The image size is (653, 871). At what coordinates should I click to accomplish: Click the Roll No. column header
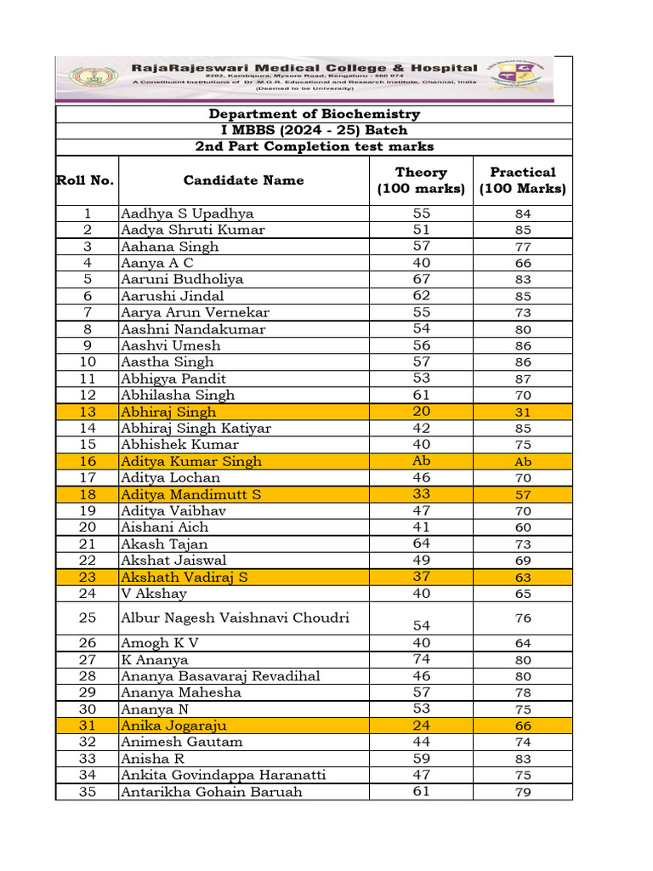(x=86, y=180)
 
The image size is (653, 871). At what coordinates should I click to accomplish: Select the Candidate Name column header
(x=243, y=180)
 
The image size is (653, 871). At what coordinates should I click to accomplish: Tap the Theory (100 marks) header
(x=421, y=180)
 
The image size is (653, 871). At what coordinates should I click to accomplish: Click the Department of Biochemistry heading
(x=315, y=114)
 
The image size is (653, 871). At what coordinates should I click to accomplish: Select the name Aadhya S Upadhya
(x=187, y=213)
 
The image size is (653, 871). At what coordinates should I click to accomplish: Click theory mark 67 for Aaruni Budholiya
(x=421, y=279)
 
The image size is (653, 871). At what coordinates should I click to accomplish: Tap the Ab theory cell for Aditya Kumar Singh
(x=421, y=461)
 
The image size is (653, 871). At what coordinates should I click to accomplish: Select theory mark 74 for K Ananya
(x=421, y=659)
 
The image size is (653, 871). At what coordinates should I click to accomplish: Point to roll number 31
(x=87, y=726)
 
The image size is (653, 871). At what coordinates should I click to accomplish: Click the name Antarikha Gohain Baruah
(x=212, y=792)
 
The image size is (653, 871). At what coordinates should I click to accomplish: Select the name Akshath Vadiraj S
(x=185, y=577)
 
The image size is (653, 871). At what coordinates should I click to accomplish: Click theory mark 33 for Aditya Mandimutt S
(x=421, y=494)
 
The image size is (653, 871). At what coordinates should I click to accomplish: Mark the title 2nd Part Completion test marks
(x=315, y=146)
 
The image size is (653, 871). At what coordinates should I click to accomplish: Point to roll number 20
(x=87, y=527)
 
